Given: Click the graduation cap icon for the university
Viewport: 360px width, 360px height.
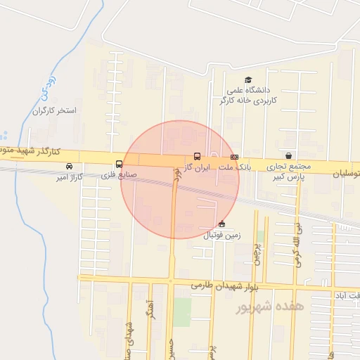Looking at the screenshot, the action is point(247,79).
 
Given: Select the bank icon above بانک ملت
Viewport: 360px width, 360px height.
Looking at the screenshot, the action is point(234,156).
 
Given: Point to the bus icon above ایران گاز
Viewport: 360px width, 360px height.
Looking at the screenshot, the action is point(197,156).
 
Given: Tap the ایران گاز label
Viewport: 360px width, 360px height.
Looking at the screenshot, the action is point(197,167).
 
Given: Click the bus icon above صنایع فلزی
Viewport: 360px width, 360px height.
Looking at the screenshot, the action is point(118,165).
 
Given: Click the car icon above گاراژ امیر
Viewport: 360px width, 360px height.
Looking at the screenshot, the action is point(69,166).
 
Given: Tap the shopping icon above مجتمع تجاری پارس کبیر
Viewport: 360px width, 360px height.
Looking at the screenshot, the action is point(289,155).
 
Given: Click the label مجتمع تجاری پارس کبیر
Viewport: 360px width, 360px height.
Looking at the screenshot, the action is point(289,172).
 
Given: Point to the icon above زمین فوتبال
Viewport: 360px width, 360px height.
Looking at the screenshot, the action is point(221,224).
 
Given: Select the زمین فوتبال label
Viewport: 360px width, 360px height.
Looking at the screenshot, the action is point(221,235).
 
